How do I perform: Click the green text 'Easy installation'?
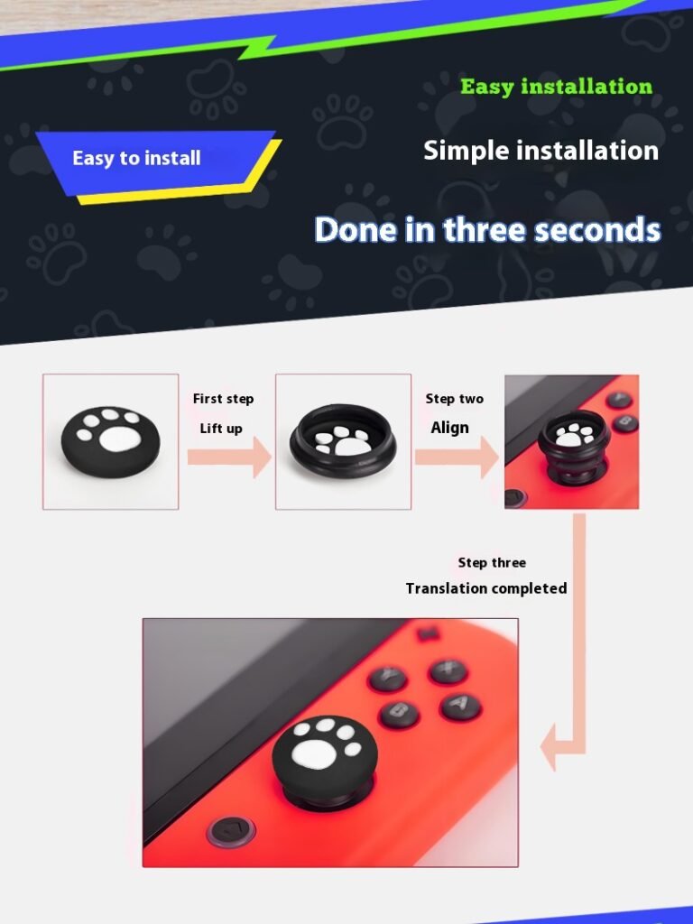(556, 87)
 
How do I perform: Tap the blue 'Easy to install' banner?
(157, 162)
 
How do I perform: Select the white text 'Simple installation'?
(541, 151)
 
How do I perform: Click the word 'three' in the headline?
(485, 229)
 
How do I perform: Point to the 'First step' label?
(224, 399)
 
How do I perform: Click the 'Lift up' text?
(221, 429)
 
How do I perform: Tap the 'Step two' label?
(455, 399)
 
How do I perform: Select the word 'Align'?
(449, 427)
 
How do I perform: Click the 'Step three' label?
(492, 563)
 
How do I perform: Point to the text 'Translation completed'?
(486, 588)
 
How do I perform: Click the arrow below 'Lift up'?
(229, 457)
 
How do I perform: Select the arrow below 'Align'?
(457, 457)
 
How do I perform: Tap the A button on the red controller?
(461, 705)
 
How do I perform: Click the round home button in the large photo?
(230, 831)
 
